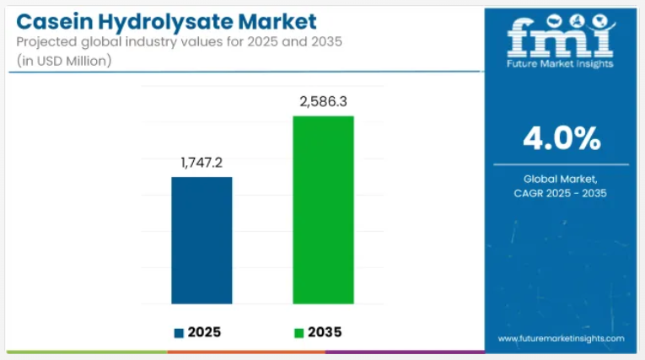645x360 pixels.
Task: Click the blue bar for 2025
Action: (202, 240)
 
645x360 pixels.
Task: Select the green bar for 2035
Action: (323, 209)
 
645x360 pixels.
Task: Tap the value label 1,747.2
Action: (202, 163)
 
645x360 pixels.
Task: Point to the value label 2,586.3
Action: (323, 101)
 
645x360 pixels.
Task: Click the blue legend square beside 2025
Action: (179, 332)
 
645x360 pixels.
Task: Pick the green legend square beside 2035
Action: (298, 332)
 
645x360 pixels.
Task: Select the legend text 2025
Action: (206, 332)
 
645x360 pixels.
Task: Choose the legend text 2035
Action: (325, 332)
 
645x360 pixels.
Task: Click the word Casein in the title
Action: (56, 20)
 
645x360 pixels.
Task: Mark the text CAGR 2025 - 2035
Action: (561, 193)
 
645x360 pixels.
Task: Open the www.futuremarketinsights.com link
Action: (561, 338)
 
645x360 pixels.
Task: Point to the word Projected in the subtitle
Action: (47, 42)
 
